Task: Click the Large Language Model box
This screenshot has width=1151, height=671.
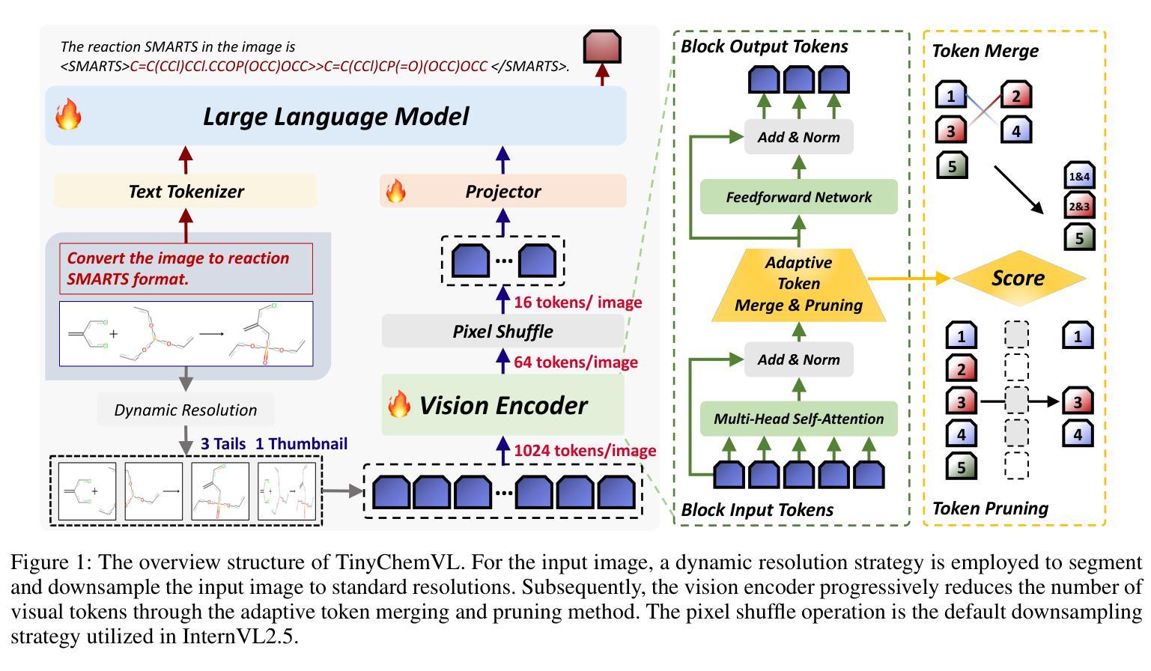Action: pos(335,116)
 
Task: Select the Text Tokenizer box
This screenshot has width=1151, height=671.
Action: pos(186,191)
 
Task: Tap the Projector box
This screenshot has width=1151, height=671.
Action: pos(502,191)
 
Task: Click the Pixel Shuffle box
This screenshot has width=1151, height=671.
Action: pos(502,331)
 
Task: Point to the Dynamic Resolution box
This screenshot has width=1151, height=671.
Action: pos(186,410)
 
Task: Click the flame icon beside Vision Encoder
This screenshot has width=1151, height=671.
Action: pos(398,405)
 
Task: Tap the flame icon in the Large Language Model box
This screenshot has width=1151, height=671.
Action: pos(68,116)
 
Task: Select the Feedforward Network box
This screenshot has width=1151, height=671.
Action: pos(798,197)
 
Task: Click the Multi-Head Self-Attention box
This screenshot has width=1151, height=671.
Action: pos(798,419)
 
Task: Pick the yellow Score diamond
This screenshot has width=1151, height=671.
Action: pos(1018,278)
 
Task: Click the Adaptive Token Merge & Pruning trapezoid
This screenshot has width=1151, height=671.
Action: pos(798,284)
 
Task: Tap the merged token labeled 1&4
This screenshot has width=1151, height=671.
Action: pos(1079,177)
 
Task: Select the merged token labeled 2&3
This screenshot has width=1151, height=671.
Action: pos(1079,206)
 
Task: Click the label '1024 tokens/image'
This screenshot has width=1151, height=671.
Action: pos(585,451)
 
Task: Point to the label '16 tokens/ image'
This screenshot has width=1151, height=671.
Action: pos(577,303)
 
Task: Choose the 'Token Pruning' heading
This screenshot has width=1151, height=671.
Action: pos(990,508)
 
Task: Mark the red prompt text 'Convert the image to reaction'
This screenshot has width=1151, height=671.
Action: pos(178,258)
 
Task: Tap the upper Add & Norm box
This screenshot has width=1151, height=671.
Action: pos(798,137)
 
